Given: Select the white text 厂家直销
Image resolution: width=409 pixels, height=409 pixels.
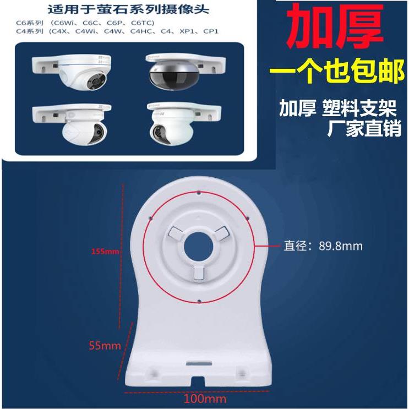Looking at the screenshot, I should click(364, 130).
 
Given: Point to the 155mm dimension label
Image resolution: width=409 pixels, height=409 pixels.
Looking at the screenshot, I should click(105, 252).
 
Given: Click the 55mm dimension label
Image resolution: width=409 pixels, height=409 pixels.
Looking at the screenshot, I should click(105, 346).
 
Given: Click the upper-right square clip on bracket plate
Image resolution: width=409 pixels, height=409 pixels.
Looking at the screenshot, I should click(220, 232).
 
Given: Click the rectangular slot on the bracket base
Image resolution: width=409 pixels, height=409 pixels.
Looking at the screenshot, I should click(198, 363).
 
